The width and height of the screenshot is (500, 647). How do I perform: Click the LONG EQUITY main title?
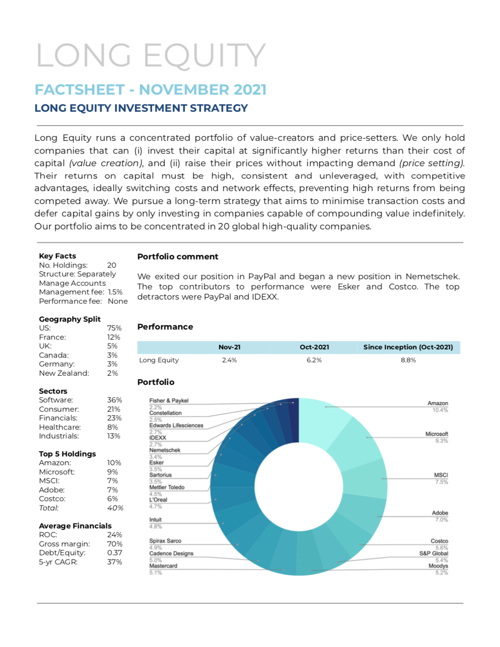click(151, 55)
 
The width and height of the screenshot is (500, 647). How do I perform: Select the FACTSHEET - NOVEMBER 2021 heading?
click(151, 90)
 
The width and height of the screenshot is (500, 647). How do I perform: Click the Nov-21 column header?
click(229, 347)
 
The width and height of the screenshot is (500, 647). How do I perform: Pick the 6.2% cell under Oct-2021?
click(314, 360)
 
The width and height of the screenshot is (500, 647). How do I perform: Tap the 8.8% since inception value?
click(408, 360)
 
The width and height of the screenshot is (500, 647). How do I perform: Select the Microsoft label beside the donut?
click(437, 434)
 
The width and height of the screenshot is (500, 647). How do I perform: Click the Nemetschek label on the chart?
click(165, 450)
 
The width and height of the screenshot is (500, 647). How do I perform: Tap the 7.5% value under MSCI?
click(441, 482)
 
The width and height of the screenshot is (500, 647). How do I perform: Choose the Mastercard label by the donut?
click(163, 566)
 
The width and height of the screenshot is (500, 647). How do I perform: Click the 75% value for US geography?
click(114, 328)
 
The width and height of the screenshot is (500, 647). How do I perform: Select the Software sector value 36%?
click(114, 400)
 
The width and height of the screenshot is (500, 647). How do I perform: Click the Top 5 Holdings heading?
click(67, 454)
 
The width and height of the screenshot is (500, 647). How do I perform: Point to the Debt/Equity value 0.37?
click(114, 553)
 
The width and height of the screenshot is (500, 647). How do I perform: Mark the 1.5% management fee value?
click(115, 292)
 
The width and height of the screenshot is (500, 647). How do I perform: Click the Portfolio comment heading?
click(178, 257)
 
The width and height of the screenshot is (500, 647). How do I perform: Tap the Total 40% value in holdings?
click(115, 508)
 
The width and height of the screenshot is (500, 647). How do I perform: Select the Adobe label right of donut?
click(440, 513)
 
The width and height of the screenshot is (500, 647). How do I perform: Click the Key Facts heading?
click(57, 256)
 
